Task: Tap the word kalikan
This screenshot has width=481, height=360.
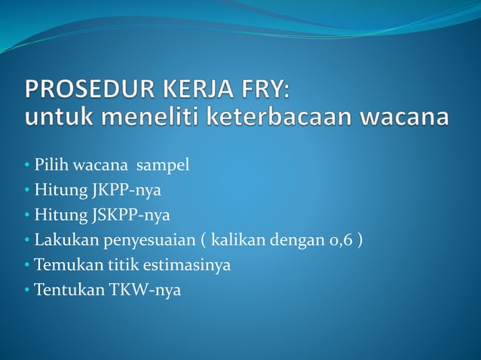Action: [x=236, y=240]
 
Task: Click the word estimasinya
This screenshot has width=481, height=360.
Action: [x=191, y=265]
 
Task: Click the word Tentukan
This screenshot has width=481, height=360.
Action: [x=63, y=291]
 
